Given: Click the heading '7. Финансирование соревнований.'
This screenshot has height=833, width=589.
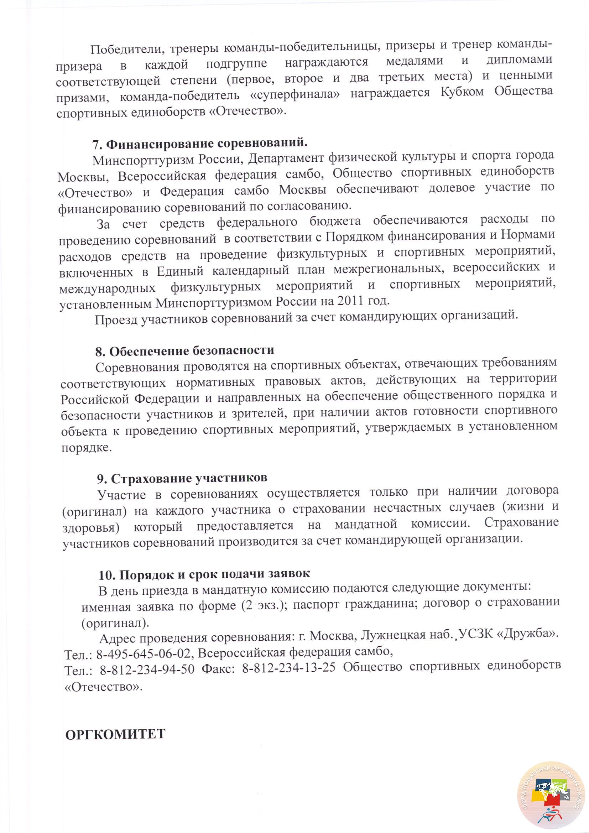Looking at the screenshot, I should coord(200,144).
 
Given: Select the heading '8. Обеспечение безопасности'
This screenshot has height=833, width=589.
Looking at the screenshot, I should coord(184,351).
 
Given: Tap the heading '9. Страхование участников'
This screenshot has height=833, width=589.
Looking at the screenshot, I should coord(182,479).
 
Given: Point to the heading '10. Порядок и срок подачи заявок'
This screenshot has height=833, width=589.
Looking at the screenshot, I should coord(204,574).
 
